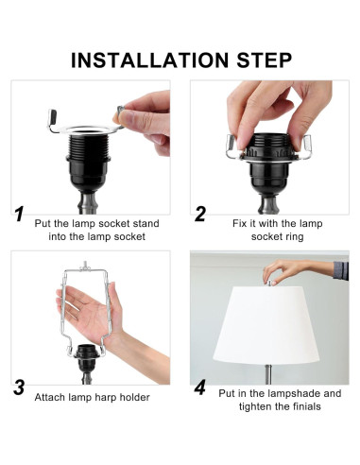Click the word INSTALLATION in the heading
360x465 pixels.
[149, 60]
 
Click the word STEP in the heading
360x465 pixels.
[265, 60]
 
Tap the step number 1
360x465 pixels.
[19, 214]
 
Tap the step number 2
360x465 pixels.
[200, 214]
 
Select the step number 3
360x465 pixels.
[19, 387]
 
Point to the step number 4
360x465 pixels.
[200, 387]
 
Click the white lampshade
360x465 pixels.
[266, 325]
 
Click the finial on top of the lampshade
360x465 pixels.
[269, 282]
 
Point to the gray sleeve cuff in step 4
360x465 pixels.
[341, 270]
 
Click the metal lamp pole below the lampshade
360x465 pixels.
[268, 374]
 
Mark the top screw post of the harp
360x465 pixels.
[84, 266]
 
